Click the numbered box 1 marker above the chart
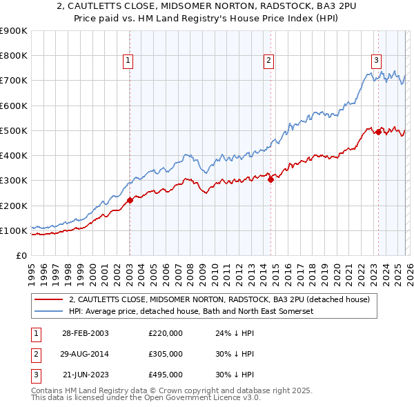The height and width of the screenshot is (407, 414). click(128, 61)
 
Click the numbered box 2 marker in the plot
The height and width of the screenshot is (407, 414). click(268, 61)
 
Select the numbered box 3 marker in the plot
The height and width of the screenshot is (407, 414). click(376, 61)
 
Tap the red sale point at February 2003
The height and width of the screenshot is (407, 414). click(130, 201)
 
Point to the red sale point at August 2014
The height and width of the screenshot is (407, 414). click(270, 179)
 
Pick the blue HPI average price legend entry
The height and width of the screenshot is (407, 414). click(191, 312)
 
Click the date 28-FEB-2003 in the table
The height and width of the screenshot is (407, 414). click(85, 333)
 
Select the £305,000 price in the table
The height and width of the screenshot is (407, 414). click(166, 354)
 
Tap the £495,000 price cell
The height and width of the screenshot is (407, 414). click(166, 375)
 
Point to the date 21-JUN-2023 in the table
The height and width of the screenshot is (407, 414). click(85, 375)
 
